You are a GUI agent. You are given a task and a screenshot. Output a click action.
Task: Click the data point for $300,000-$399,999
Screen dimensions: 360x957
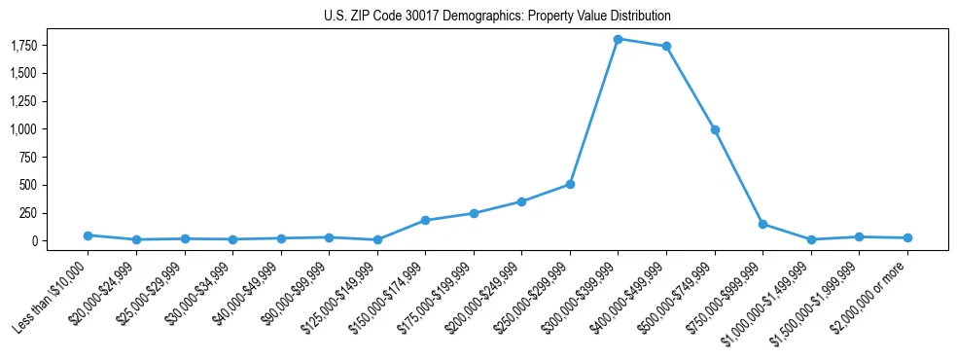[619, 39]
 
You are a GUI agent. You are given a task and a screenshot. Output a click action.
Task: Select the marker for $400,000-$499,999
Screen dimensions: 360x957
[666, 46]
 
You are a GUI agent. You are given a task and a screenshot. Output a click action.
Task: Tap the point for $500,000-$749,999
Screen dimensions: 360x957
[715, 129]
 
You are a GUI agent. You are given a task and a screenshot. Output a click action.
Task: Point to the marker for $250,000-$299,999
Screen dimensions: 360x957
[570, 184]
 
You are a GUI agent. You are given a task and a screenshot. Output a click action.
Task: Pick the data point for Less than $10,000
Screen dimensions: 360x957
[89, 235]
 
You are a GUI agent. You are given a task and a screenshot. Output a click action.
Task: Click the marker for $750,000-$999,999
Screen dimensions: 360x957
[762, 224]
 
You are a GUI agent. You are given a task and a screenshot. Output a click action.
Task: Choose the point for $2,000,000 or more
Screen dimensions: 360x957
[907, 237]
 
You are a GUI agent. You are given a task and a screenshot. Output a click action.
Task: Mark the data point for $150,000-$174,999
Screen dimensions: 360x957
[425, 220]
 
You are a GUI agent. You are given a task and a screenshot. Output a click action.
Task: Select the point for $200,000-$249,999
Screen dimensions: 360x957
[521, 201]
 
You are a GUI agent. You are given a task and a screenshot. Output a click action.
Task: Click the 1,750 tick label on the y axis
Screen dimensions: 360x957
[50, 46]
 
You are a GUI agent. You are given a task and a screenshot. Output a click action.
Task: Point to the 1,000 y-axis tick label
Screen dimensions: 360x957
[50, 129]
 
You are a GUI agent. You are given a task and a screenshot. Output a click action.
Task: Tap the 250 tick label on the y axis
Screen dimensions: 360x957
[56, 213]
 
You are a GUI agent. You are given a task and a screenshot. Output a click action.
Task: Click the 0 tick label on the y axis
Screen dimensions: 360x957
[62, 241]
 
